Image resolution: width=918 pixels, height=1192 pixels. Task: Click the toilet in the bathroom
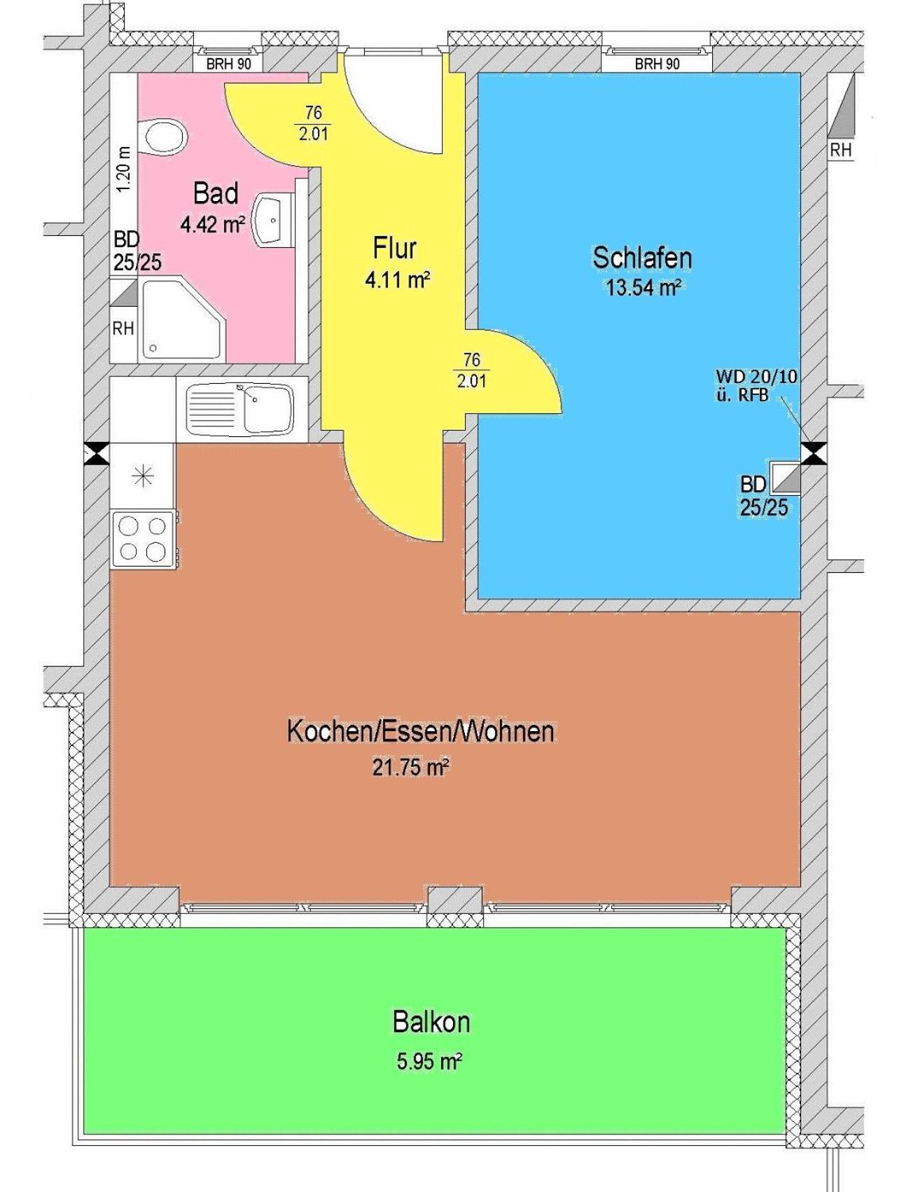pyautogui.click(x=162, y=137)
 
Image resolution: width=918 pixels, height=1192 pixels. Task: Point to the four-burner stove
pyautogui.click(x=143, y=539)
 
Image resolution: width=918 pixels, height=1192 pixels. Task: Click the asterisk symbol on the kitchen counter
pyautogui.click(x=143, y=477)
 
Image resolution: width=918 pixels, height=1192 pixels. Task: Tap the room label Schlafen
pyautogui.click(x=642, y=258)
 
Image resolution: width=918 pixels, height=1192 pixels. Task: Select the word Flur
pyautogui.click(x=395, y=248)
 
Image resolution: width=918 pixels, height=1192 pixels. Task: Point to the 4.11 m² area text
pyautogui.click(x=397, y=280)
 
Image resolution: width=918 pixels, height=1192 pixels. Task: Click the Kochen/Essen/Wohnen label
pyautogui.click(x=421, y=731)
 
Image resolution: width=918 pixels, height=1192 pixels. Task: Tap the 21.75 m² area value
pyautogui.click(x=410, y=768)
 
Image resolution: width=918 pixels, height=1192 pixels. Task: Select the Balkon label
pyautogui.click(x=431, y=1022)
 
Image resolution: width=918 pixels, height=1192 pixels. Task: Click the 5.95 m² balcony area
pyautogui.click(x=429, y=1062)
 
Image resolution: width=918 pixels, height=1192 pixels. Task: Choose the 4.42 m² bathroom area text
pyautogui.click(x=212, y=225)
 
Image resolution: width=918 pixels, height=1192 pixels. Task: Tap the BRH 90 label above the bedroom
pyautogui.click(x=657, y=64)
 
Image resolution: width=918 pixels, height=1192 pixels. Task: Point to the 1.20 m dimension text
pyautogui.click(x=124, y=169)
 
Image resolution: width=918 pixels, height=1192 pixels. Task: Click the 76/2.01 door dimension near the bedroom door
pyautogui.click(x=472, y=370)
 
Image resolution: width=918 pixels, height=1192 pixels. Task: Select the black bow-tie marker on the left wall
pyautogui.click(x=97, y=454)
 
